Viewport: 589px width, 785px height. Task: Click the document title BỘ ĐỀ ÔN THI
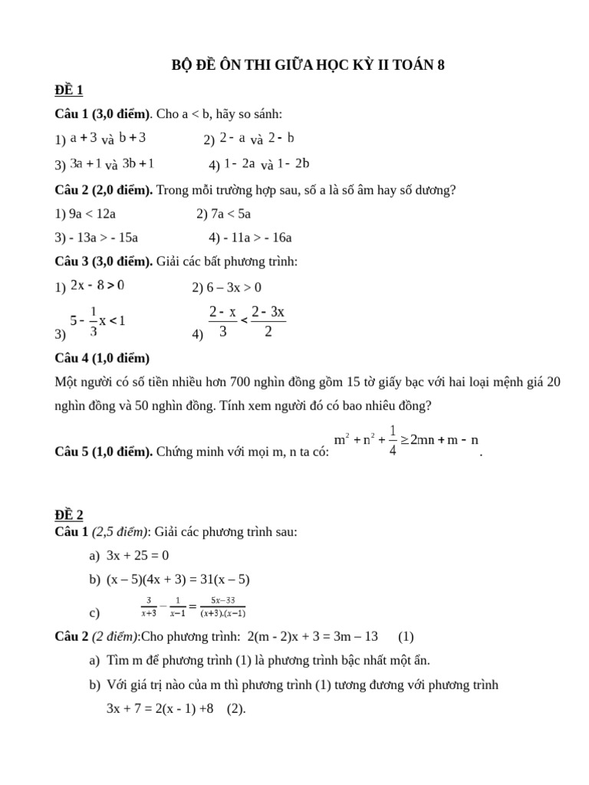[x=307, y=66]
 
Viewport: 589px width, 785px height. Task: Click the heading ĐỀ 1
[x=68, y=90]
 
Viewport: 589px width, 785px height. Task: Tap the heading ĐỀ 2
[x=68, y=514]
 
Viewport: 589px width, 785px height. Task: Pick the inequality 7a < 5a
[x=230, y=213]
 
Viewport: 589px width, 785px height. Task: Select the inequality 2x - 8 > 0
[x=97, y=286]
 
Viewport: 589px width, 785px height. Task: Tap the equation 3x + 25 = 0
[x=137, y=556]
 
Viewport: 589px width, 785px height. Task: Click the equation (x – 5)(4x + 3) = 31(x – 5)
[x=178, y=580]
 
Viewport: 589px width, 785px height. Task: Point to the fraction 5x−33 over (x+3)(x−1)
[x=223, y=606]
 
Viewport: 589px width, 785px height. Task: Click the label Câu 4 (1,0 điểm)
[x=102, y=358]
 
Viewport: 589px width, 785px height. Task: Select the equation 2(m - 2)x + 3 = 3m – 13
[x=314, y=636]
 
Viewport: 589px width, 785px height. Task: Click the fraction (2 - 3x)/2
[x=268, y=321]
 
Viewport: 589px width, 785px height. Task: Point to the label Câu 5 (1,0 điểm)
[x=104, y=452]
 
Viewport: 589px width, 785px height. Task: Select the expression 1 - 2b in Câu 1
[x=294, y=163]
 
